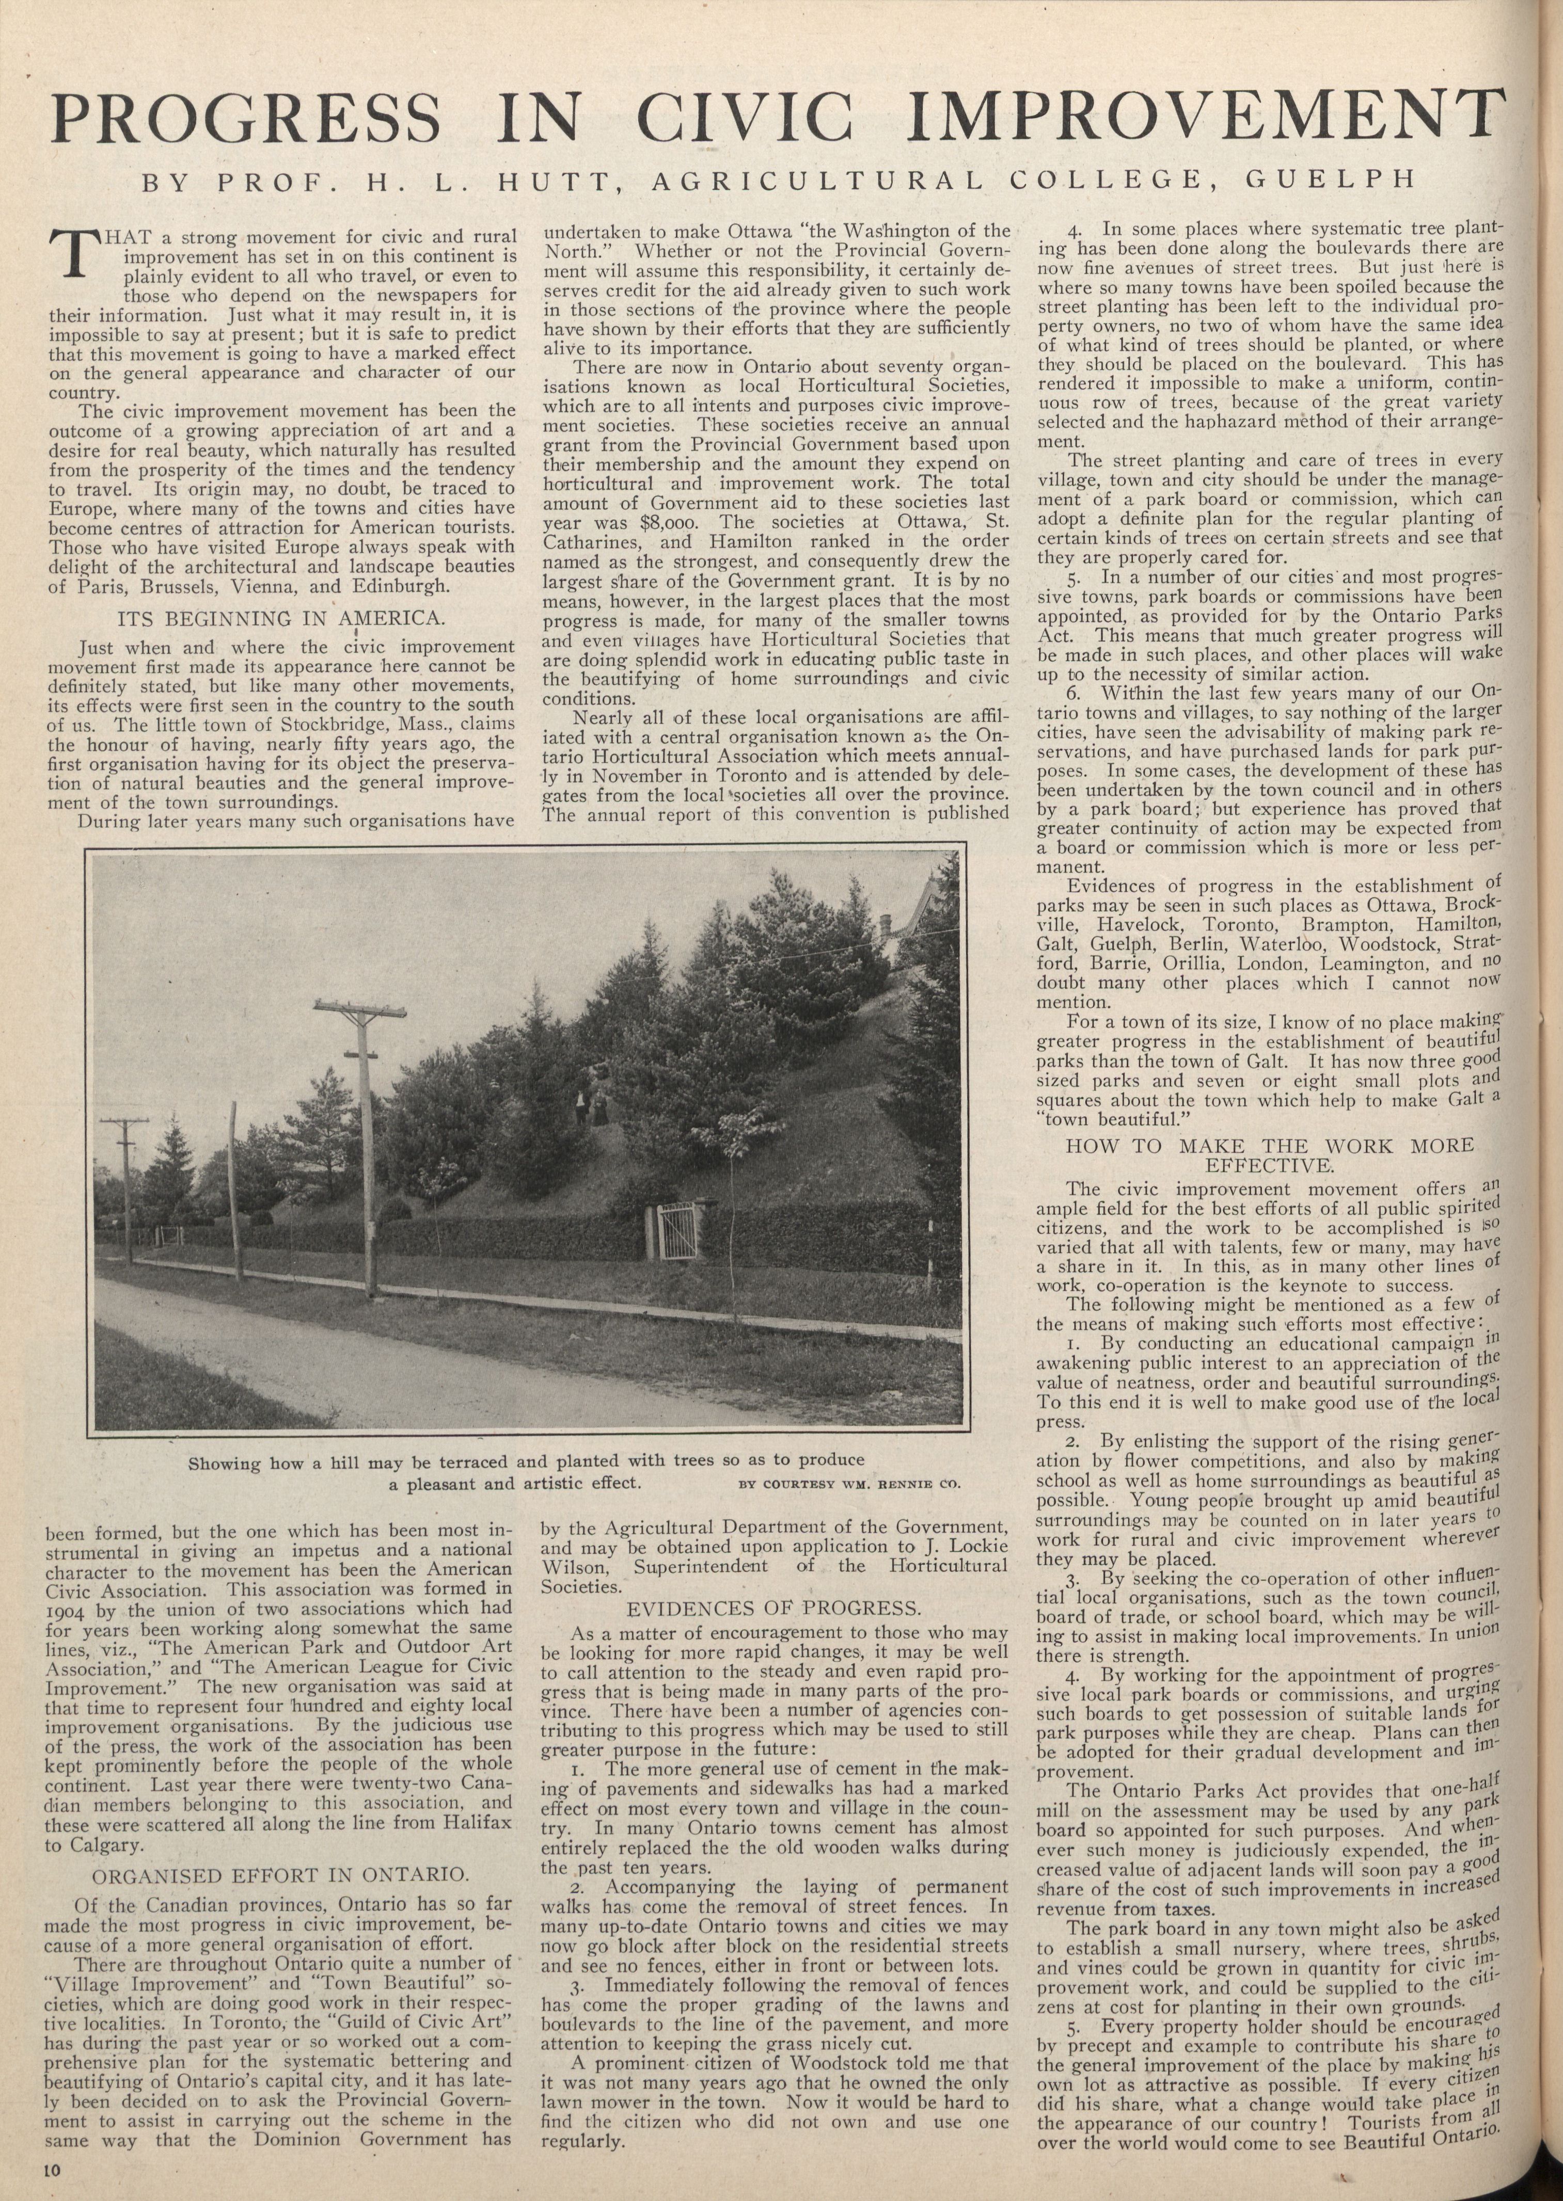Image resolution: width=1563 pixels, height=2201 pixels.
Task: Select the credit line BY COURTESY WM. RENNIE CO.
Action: (850, 1484)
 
